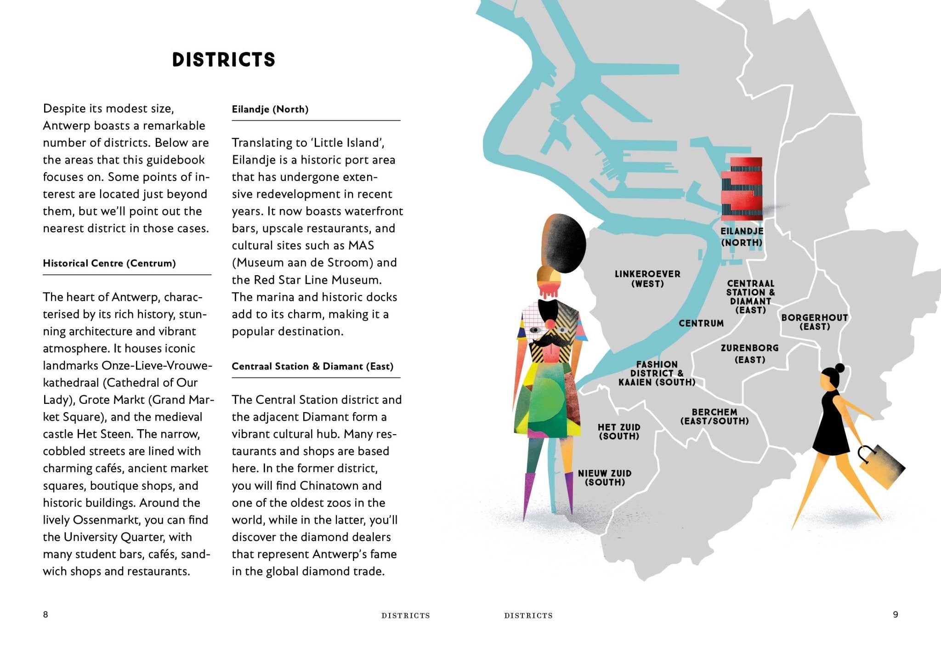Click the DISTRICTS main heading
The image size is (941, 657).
point(224,60)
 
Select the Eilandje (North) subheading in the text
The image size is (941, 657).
point(270,109)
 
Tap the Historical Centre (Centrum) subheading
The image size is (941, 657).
point(109,263)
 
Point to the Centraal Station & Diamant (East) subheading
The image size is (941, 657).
point(312,366)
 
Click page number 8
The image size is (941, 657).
point(45,614)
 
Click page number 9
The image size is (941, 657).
point(895,614)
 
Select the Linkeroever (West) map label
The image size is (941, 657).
point(647,279)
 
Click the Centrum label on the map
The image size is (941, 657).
point(701,323)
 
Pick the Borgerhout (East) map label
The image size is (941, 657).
point(815,322)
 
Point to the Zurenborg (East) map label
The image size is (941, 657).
point(749,354)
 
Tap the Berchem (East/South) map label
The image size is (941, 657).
point(714,417)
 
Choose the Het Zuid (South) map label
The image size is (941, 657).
point(619,432)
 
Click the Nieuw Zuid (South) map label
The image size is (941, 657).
point(605,478)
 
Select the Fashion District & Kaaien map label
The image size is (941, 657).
point(657,374)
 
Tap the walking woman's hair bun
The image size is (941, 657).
point(839,368)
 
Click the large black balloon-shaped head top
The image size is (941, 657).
point(565,241)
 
